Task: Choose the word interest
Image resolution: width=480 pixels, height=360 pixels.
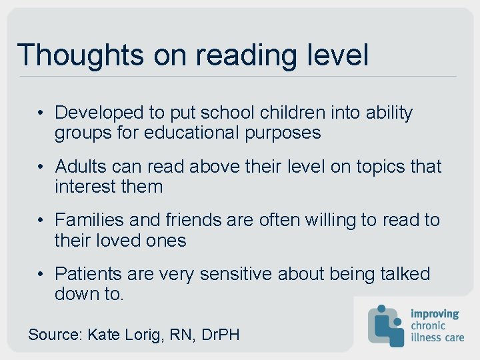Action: tap(83, 187)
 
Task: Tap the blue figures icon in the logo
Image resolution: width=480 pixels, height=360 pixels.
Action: tap(386, 325)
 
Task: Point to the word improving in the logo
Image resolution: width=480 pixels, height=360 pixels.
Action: tap(435, 314)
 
